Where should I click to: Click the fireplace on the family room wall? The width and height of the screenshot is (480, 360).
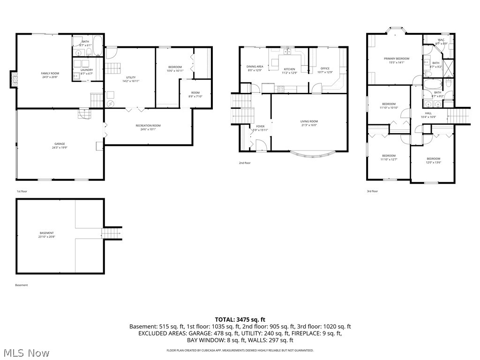[14, 79]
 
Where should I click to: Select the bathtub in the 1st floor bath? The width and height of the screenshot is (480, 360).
[98, 46]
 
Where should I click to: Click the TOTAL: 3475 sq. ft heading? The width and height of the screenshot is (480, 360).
[240, 319]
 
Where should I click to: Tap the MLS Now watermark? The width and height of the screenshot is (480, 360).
[26, 352]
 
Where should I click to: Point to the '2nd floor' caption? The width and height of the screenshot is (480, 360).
[245, 163]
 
